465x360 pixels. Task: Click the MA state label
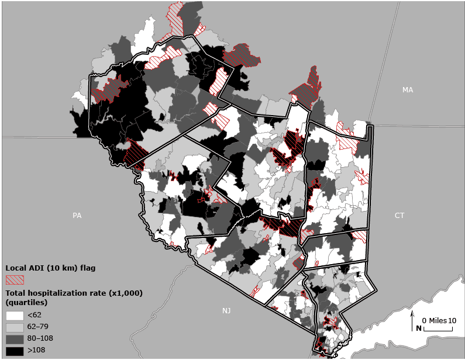pyautogui.click(x=408, y=89)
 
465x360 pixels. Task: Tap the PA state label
pyautogui.click(x=77, y=216)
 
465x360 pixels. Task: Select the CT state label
pyautogui.click(x=399, y=216)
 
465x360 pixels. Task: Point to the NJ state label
pyautogui.click(x=226, y=310)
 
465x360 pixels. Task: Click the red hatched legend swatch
pyautogui.click(x=15, y=279)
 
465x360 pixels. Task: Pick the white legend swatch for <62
pyautogui.click(x=15, y=316)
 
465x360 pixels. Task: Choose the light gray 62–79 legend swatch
pyautogui.click(x=15, y=327)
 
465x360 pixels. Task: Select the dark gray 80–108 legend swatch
pyautogui.click(x=15, y=339)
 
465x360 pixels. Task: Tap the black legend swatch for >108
pyautogui.click(x=15, y=351)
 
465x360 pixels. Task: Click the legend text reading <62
pyautogui.click(x=34, y=316)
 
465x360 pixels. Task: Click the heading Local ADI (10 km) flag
pyautogui.click(x=50, y=268)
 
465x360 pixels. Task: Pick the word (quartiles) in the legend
pyautogui.click(x=26, y=303)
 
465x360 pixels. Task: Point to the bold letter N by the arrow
pyautogui.click(x=419, y=328)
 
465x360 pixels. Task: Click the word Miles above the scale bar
pyautogui.click(x=438, y=321)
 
